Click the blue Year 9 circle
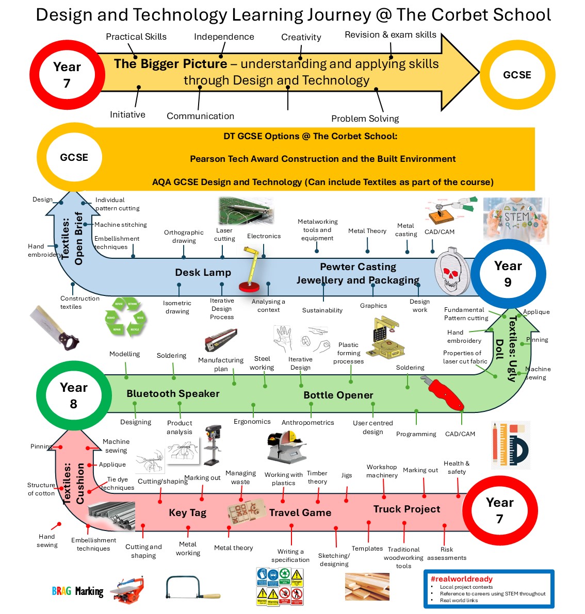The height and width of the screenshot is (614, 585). click(x=508, y=274)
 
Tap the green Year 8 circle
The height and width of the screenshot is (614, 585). click(x=74, y=395)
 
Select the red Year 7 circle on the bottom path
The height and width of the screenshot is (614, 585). click(x=499, y=510)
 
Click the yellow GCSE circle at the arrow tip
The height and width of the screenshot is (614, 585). click(x=517, y=75)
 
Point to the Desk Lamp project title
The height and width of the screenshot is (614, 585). click(x=203, y=272)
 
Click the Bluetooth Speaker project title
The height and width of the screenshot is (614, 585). click(x=173, y=393)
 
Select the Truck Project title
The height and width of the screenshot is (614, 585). click(x=407, y=509)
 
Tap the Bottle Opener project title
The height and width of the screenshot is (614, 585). click(x=338, y=395)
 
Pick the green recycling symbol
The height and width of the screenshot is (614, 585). click(x=126, y=316)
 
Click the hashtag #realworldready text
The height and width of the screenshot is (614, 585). click(x=461, y=579)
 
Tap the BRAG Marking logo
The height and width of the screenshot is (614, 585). click(x=77, y=591)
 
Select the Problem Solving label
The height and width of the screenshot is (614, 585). click(x=365, y=119)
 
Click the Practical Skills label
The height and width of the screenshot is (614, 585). click(x=136, y=37)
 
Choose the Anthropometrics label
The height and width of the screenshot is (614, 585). click(x=307, y=422)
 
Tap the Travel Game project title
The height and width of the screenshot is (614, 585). click(x=300, y=512)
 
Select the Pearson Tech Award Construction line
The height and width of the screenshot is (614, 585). click(x=322, y=159)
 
